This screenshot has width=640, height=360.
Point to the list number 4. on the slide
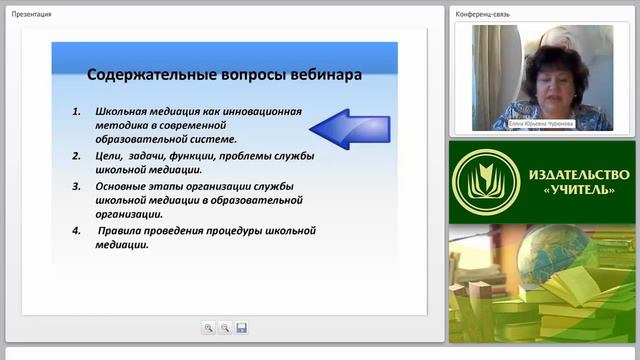79,230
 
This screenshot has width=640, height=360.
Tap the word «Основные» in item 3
123,186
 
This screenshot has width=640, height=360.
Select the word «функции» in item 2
217,156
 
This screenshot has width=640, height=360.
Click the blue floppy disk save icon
241,327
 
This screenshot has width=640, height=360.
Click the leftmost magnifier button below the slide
208,327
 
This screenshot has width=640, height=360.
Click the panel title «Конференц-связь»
483,14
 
